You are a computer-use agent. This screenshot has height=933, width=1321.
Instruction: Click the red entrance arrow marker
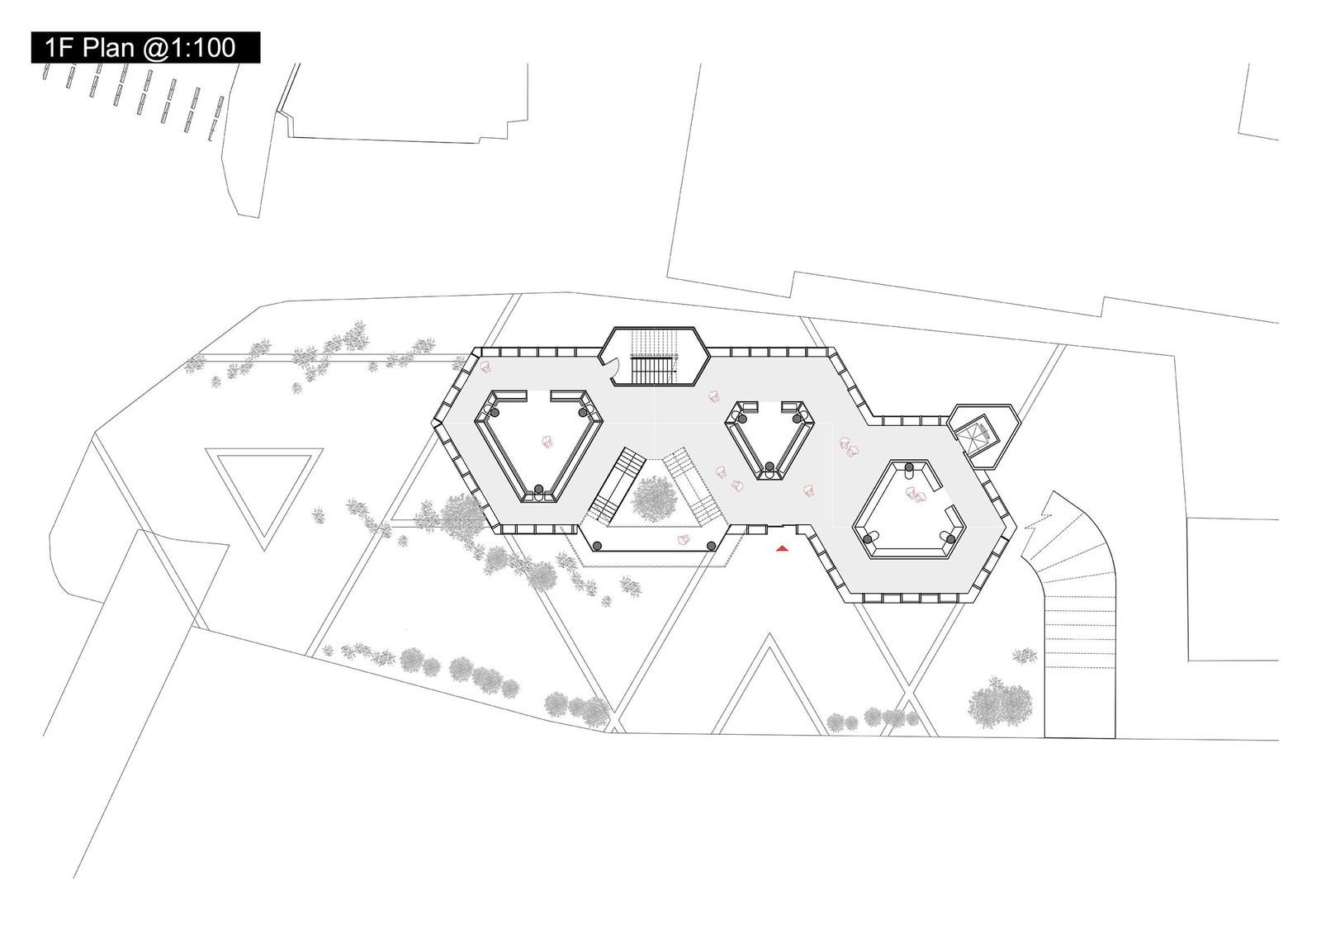(x=782, y=548)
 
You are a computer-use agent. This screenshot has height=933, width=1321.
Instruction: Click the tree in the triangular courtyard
(x=653, y=499)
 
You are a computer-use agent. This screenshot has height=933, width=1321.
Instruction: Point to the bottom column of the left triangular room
(x=538, y=489)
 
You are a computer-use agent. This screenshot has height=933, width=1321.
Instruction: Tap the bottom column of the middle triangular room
(x=769, y=467)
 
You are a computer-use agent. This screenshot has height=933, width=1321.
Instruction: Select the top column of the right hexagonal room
(x=909, y=467)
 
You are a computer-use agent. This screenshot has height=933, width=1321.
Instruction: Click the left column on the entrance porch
(x=598, y=546)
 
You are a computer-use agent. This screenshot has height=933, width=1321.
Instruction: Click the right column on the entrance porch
(x=712, y=546)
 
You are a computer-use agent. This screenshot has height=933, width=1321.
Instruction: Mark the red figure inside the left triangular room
(x=547, y=441)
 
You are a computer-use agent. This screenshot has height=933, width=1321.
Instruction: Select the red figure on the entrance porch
(x=684, y=538)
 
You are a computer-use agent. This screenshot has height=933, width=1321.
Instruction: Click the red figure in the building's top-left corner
(x=486, y=367)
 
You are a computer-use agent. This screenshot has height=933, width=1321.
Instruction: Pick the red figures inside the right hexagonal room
(x=916, y=494)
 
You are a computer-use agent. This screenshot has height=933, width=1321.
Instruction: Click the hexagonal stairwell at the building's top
(x=654, y=356)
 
